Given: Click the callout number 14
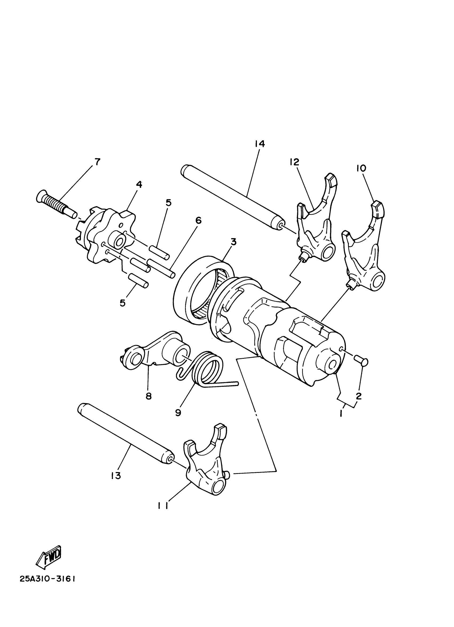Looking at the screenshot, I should (x=260, y=144).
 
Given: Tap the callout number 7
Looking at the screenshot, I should (x=97, y=161).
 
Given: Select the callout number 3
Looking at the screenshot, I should (x=233, y=242).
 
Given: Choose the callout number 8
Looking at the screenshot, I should (x=148, y=396).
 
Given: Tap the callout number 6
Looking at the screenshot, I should (x=198, y=221).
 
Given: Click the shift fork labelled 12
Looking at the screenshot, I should (x=318, y=221).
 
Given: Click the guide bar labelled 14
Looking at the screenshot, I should (x=232, y=196).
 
